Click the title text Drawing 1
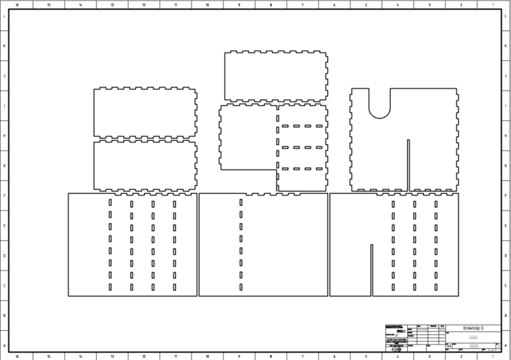473,327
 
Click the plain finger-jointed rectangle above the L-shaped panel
275,77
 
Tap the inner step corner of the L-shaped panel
277,169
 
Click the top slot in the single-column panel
241,203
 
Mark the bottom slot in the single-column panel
241,287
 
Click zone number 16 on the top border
17,4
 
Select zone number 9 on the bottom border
239,356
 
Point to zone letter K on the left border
5,47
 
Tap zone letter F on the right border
506,196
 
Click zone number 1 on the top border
493,4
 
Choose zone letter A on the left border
5,345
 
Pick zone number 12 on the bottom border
144,356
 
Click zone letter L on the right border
506,17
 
